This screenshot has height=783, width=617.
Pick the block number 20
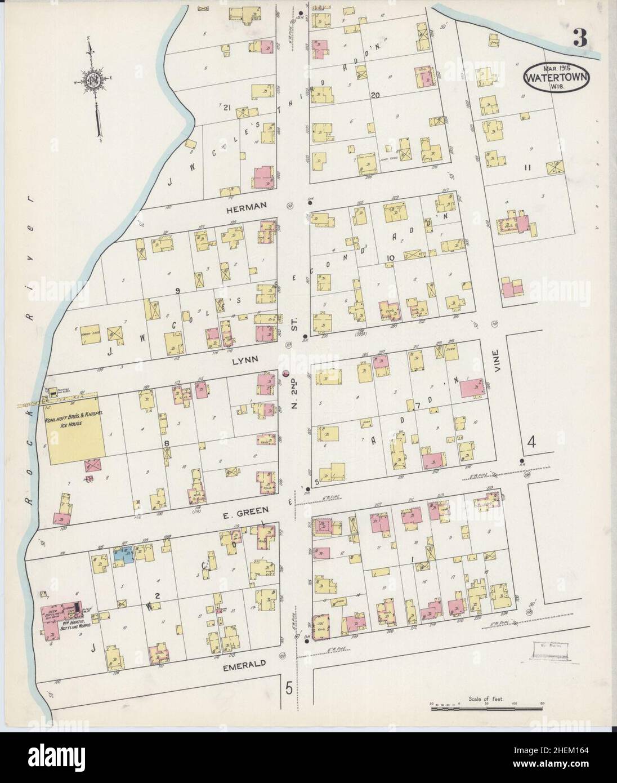(x=375, y=95)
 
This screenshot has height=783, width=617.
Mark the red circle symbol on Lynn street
(x=285, y=373)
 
